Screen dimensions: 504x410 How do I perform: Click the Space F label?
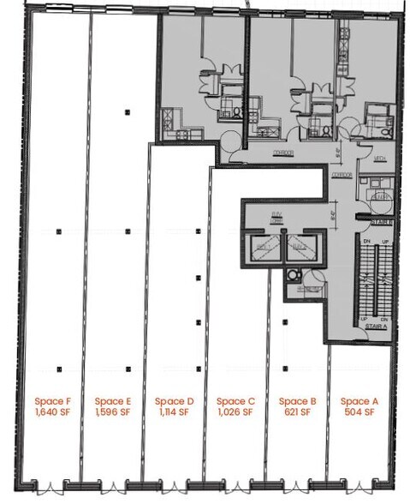pyautogui.click(x=51, y=400)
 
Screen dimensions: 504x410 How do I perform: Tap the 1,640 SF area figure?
pyautogui.click(x=51, y=412)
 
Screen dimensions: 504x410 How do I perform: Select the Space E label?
pyautogui.click(x=112, y=400)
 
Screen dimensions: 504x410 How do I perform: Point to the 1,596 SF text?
pyautogui.click(x=112, y=412)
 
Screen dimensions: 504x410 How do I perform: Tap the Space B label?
pyautogui.click(x=297, y=400)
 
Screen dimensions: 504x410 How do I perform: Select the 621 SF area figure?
pyautogui.click(x=297, y=412)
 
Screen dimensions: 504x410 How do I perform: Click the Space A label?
pyautogui.click(x=359, y=400)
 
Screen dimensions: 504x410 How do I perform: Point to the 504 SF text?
pyautogui.click(x=359, y=412)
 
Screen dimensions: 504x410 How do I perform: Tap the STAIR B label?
pyautogui.click(x=382, y=221)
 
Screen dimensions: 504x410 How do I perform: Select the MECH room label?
pyautogui.click(x=380, y=159)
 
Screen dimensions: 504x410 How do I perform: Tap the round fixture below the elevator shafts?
pyautogui.click(x=294, y=274)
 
